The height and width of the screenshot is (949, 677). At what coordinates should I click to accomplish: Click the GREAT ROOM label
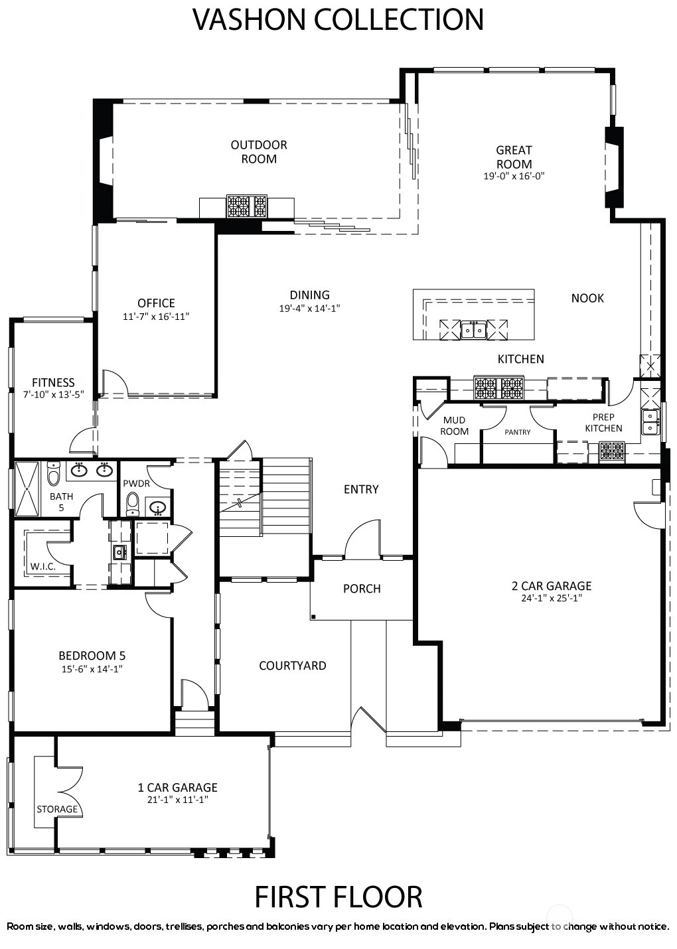pyautogui.click(x=514, y=157)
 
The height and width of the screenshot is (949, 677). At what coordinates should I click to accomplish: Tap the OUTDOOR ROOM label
pyautogui.click(x=259, y=152)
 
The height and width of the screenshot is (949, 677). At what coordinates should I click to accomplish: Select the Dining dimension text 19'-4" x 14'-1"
pyautogui.click(x=310, y=308)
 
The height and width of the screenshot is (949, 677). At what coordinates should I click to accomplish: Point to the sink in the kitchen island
pyautogui.click(x=473, y=330)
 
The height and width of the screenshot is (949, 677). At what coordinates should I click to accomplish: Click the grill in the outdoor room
pyautogui.click(x=247, y=206)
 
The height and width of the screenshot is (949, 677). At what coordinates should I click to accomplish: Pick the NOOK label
pyautogui.click(x=587, y=298)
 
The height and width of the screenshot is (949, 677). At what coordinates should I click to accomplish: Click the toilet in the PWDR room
pyautogui.click(x=133, y=504)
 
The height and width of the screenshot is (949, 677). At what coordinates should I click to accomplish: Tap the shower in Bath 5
pyautogui.click(x=27, y=488)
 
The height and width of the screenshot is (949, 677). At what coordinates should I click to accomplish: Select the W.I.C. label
pyautogui.click(x=42, y=567)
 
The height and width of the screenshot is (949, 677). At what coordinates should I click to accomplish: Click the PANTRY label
pyautogui.click(x=517, y=432)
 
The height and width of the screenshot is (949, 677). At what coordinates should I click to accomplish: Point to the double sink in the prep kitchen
pyautogui.click(x=650, y=422)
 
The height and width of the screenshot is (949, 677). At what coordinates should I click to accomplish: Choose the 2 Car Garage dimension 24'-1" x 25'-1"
pyautogui.click(x=552, y=598)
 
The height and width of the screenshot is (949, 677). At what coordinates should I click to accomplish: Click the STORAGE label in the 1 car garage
pyautogui.click(x=57, y=809)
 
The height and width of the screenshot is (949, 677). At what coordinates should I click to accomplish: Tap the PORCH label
pyautogui.click(x=362, y=589)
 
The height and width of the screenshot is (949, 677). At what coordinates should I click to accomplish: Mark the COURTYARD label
pyautogui.click(x=292, y=666)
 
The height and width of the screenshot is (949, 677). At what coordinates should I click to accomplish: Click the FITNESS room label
pyautogui.click(x=53, y=382)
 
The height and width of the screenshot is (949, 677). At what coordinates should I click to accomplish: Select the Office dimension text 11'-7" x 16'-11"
pyautogui.click(x=156, y=316)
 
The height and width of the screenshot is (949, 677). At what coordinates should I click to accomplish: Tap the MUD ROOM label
pyautogui.click(x=454, y=425)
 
